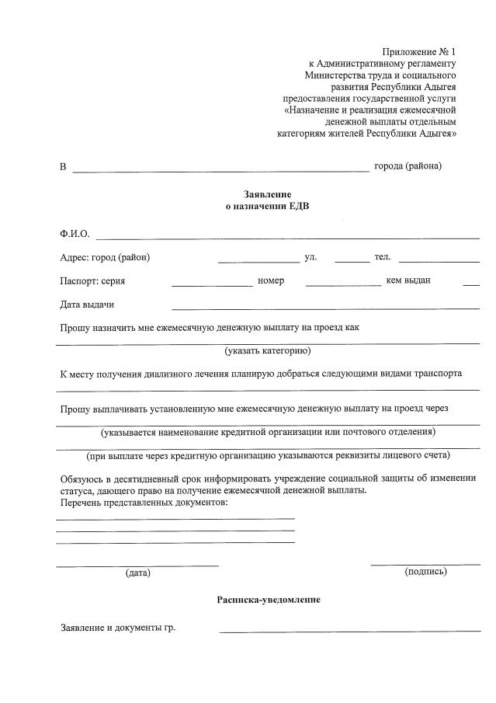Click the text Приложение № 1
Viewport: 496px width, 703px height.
[419, 50]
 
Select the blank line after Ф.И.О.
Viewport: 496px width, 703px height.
[287, 237]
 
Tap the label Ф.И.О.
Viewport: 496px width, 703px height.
[75, 234]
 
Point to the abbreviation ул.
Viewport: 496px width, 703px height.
[310, 256]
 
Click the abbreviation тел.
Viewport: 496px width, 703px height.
[383, 256]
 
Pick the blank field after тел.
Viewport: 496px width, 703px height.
[439, 262]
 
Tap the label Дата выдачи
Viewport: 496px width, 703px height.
[87, 305]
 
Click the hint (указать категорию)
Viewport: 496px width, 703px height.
[268, 351]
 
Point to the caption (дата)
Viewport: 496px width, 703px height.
[137, 572]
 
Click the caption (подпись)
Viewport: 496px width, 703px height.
[425, 571]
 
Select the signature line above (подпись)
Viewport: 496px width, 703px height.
[425, 563]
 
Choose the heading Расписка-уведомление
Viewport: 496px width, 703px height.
[269, 600]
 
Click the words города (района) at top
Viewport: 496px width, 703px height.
[408, 166]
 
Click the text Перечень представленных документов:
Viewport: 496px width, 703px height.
[144, 503]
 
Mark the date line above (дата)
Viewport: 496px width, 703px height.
[137, 565]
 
